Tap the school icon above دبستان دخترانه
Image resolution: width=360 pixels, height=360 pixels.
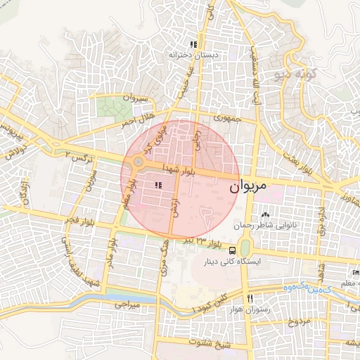[x=193, y=44]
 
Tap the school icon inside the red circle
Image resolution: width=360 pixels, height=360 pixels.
[x=157, y=185]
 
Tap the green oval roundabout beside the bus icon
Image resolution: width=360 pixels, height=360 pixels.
[x=244, y=247]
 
